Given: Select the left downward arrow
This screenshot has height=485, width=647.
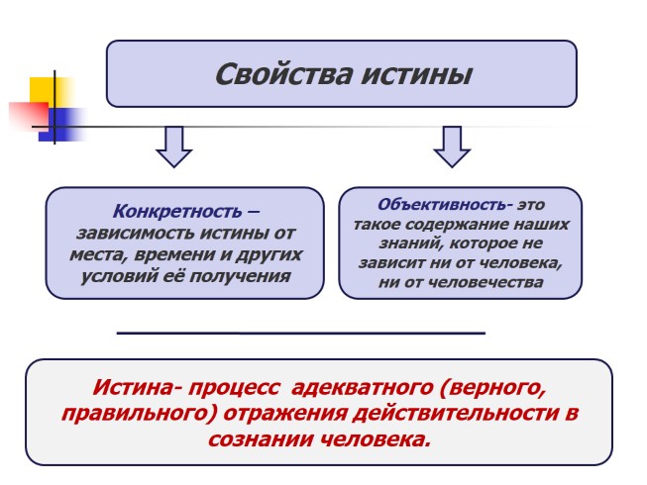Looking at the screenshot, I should (x=174, y=145).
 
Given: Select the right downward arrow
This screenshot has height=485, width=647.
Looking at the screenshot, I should (x=452, y=145).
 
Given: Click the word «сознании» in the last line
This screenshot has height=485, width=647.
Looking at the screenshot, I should (x=265, y=438).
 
